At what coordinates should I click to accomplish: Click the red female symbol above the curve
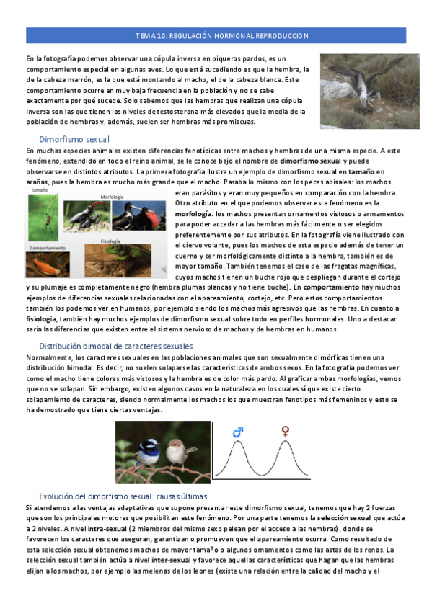point(286,432)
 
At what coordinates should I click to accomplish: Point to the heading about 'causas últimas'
point(123,497)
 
